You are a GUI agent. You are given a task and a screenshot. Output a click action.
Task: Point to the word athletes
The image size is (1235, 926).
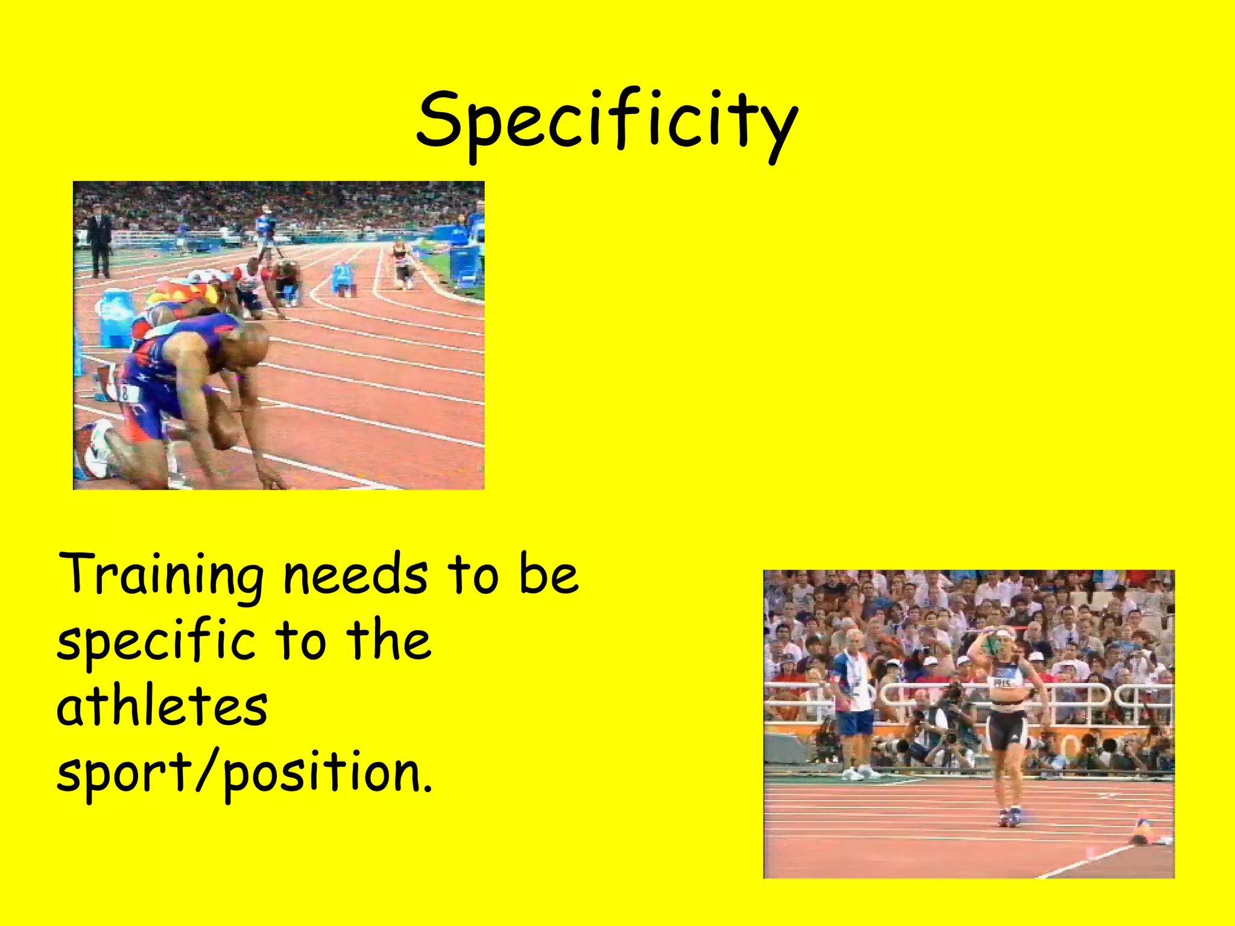[162, 707]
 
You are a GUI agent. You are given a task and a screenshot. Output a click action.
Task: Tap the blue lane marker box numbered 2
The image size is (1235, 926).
[343, 278]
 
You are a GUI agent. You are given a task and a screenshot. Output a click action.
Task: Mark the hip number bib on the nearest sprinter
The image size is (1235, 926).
[129, 393]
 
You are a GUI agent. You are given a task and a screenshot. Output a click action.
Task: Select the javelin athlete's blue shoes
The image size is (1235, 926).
[1011, 817]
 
